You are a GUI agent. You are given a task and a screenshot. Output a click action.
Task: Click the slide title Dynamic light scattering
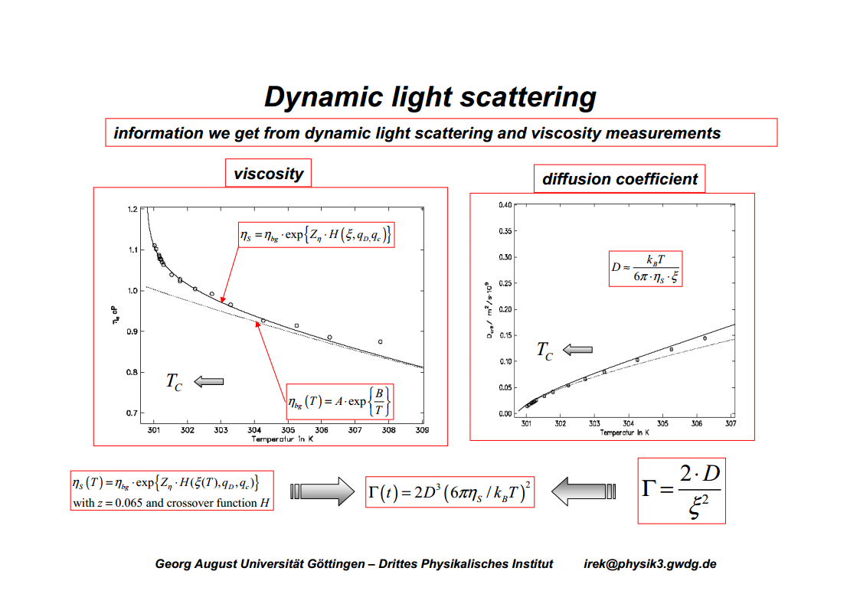click(x=430, y=97)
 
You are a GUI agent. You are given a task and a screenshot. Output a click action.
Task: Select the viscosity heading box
click(x=268, y=174)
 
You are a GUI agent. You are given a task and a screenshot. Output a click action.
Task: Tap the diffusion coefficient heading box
click(x=620, y=179)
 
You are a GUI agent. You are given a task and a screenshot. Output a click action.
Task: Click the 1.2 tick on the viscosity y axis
click(x=132, y=209)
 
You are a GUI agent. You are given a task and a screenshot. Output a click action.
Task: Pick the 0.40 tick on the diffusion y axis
click(x=505, y=205)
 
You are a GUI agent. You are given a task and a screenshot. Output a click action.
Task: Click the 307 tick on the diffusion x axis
click(x=731, y=423)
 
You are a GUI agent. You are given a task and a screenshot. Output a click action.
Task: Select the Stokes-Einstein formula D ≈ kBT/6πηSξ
click(x=645, y=269)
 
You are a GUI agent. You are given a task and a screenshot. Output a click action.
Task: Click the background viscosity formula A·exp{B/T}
click(x=339, y=402)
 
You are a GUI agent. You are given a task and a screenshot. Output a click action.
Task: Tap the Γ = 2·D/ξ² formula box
click(x=681, y=491)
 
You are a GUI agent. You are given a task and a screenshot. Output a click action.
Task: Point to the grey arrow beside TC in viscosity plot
click(x=209, y=381)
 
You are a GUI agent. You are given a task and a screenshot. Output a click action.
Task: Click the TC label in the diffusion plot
click(x=544, y=351)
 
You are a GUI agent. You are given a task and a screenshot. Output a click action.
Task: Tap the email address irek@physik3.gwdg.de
click(x=650, y=564)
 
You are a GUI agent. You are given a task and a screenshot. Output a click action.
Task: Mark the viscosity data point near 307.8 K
click(x=380, y=341)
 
